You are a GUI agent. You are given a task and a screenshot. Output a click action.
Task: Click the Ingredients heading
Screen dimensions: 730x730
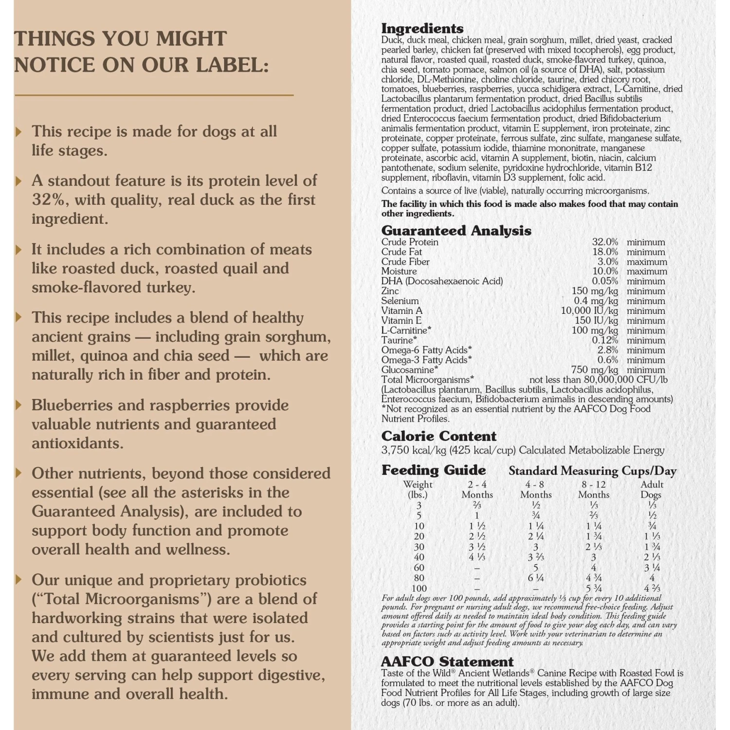tap(422, 28)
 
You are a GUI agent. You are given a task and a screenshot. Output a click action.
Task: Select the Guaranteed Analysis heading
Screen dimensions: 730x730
tap(456, 230)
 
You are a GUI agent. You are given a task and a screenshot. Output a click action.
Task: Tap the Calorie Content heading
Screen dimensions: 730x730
tap(438, 436)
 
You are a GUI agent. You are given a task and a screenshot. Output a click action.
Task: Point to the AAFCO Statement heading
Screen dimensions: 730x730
tap(447, 661)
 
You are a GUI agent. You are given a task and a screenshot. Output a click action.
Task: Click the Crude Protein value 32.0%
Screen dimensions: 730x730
tap(605, 242)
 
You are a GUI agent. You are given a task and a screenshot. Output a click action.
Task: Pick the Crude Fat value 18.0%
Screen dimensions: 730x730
tap(605, 252)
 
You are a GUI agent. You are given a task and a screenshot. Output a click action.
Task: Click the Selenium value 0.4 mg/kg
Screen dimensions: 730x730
tap(595, 301)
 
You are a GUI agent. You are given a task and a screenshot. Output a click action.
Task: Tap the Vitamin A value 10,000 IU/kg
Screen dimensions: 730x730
tap(589, 310)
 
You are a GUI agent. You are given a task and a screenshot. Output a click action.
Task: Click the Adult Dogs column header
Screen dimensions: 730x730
tap(652, 489)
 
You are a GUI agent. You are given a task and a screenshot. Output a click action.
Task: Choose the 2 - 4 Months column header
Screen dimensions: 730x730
tap(477, 489)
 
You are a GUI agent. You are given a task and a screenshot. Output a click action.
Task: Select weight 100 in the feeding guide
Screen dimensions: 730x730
tap(419, 588)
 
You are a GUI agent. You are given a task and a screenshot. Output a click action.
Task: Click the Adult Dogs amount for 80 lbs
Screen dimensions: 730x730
tap(652, 578)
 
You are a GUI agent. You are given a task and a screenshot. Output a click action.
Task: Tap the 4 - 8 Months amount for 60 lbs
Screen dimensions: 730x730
tap(535, 567)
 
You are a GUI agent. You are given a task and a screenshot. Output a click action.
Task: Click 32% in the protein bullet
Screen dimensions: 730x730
tap(49, 200)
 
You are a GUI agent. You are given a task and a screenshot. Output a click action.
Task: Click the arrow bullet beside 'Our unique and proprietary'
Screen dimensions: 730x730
tap(19, 580)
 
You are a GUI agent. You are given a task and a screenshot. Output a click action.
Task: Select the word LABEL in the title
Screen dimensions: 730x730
tap(232, 65)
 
